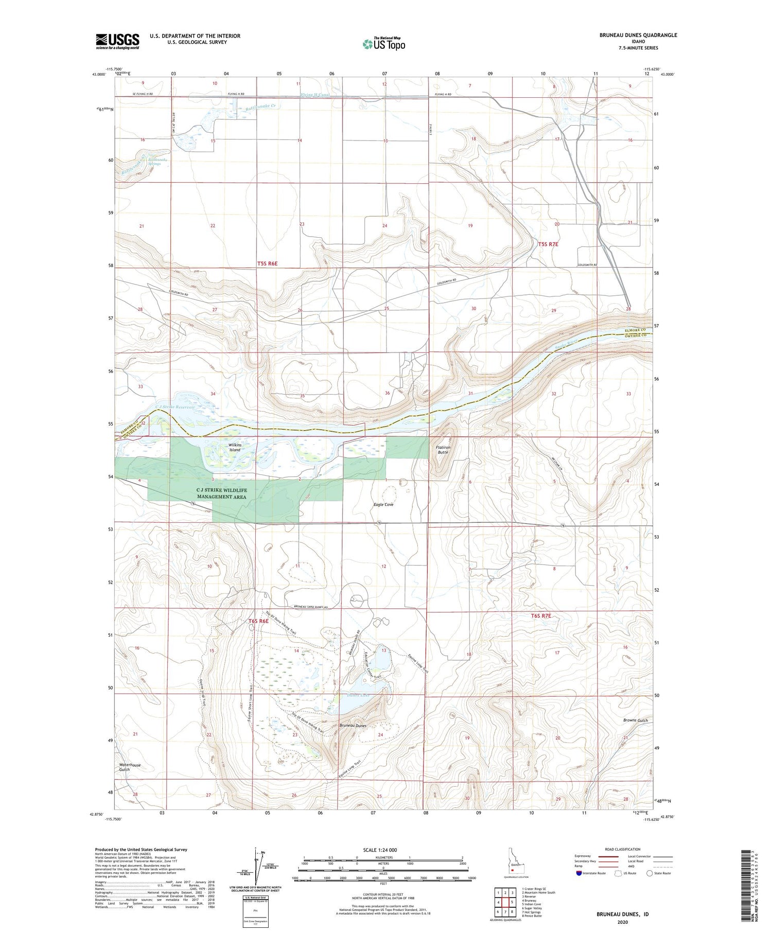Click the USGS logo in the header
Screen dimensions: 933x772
pyautogui.click(x=117, y=41)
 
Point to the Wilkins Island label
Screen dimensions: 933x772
pyautogui.click(x=235, y=447)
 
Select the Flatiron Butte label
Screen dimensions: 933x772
pyautogui.click(x=443, y=450)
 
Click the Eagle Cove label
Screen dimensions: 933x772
pyautogui.click(x=383, y=504)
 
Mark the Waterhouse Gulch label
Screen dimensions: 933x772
pyautogui.click(x=129, y=767)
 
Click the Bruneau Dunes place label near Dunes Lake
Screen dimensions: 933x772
pyautogui.click(x=353, y=725)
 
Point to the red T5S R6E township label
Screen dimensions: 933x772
pyautogui.click(x=267, y=263)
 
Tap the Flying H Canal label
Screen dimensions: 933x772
pyautogui.click(x=315, y=95)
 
